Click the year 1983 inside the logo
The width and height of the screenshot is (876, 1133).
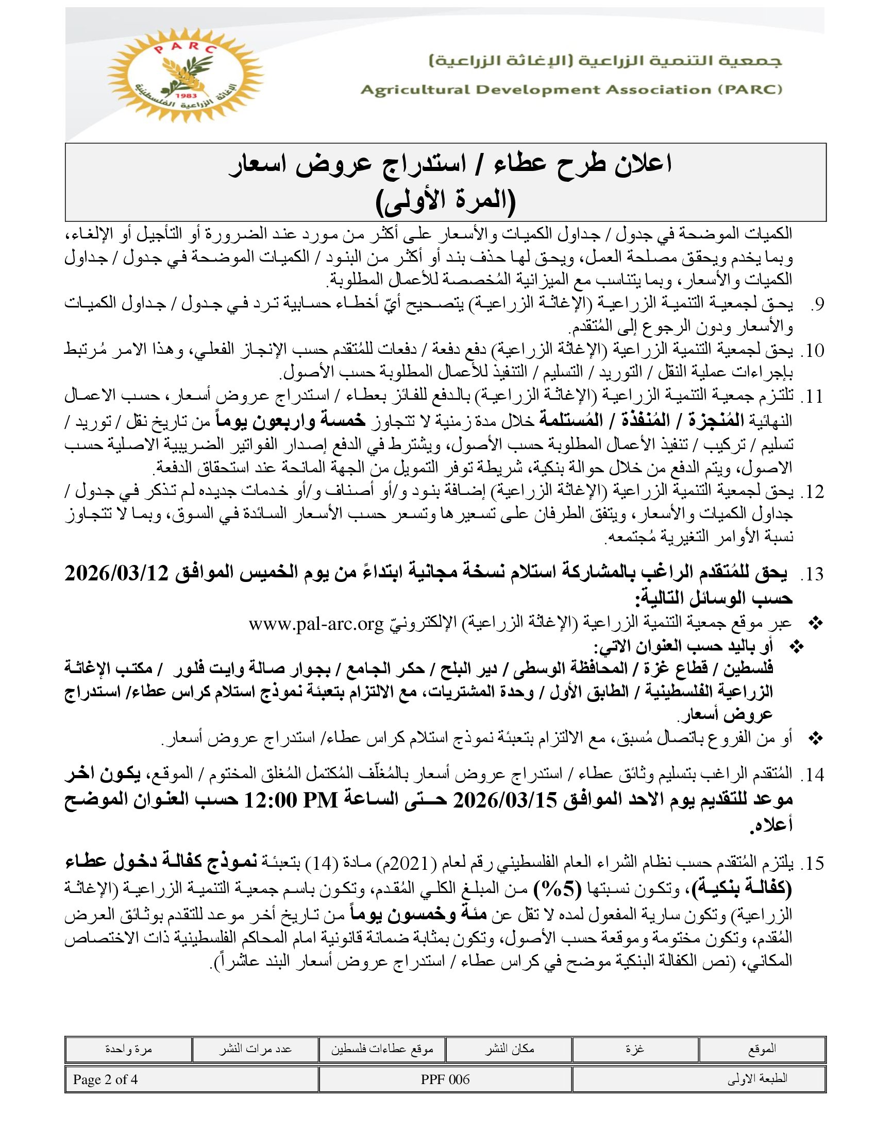[x=185, y=97]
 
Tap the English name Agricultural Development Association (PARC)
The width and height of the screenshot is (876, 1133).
[x=571, y=90]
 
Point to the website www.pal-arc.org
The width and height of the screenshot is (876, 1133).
[x=316, y=624]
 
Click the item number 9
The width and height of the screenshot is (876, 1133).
[x=816, y=304]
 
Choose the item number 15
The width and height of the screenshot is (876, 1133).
[x=812, y=864]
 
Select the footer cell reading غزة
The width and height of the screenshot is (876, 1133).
[x=635, y=1049]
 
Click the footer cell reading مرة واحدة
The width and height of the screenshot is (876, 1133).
[x=128, y=1049]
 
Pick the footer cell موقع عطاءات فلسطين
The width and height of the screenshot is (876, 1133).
[x=382, y=1049]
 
